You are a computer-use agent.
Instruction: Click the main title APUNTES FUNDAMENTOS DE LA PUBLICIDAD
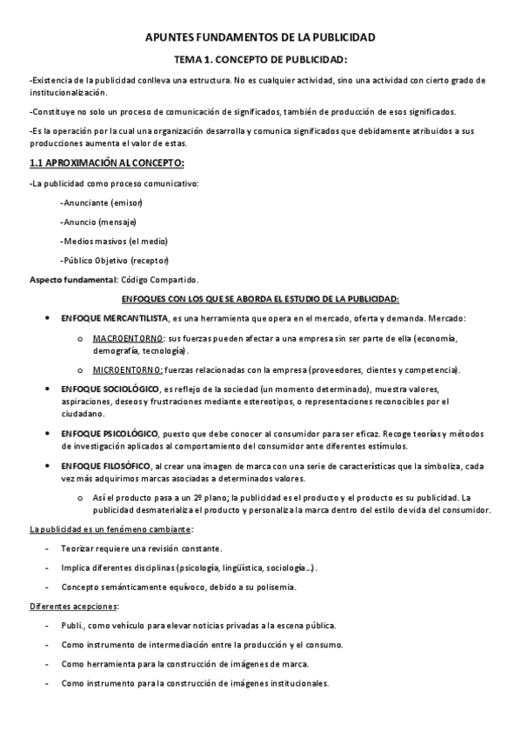(x=260, y=38)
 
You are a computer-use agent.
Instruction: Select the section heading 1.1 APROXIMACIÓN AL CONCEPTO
(x=106, y=163)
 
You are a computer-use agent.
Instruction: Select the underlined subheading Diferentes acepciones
(x=74, y=606)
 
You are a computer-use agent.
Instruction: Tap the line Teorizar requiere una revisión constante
(x=142, y=548)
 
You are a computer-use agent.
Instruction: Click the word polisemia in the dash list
(x=277, y=587)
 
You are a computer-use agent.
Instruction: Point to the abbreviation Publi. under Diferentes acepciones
(x=73, y=626)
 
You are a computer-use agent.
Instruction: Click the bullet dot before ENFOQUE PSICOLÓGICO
(x=46, y=433)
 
